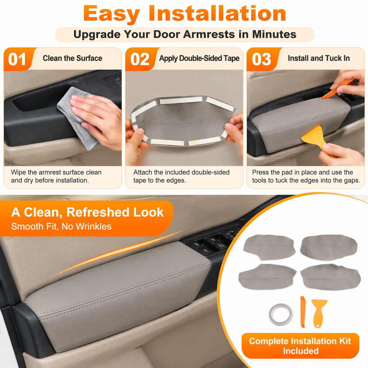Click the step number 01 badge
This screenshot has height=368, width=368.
coord(18,59)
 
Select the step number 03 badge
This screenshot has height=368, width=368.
coord(262,59)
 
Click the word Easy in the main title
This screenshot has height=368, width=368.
coord(112,14)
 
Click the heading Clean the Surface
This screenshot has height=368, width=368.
coord(72,58)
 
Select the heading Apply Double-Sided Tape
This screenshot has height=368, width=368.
coord(199,59)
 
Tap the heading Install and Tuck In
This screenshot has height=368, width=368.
coord(319,58)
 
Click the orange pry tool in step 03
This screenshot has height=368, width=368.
coord(337,89)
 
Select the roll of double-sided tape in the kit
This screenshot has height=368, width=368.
coord(281,314)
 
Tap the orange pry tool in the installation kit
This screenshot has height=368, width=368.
coord(303,312)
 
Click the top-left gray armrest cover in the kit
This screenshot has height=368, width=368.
coord(269,247)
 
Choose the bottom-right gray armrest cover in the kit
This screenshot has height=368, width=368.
coord(330,277)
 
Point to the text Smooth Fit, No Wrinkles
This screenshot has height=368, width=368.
coord(61,227)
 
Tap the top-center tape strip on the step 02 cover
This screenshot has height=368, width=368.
coord(181,100)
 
